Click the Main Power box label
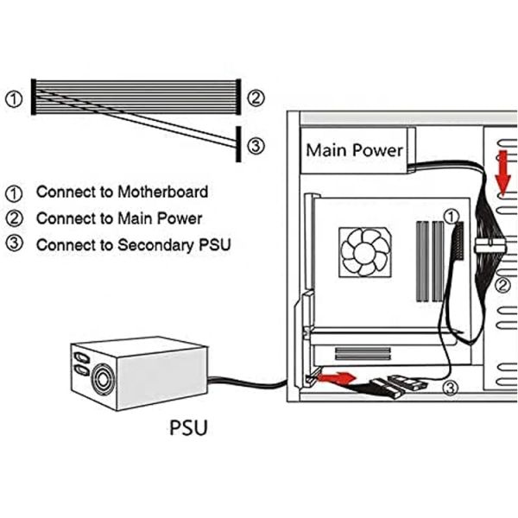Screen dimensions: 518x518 (354, 150)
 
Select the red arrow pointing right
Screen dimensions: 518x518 (337, 377)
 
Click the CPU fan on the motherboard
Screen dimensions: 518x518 (365, 250)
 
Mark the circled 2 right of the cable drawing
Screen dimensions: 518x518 (255, 98)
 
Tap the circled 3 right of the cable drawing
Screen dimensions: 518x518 (255, 146)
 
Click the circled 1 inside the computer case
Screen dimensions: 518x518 (450, 214)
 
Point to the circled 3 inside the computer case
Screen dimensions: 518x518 (450, 389)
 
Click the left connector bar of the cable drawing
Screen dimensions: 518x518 (33, 97)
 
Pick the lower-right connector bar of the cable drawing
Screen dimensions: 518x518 (237, 144)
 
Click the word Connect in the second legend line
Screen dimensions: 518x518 (63, 218)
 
